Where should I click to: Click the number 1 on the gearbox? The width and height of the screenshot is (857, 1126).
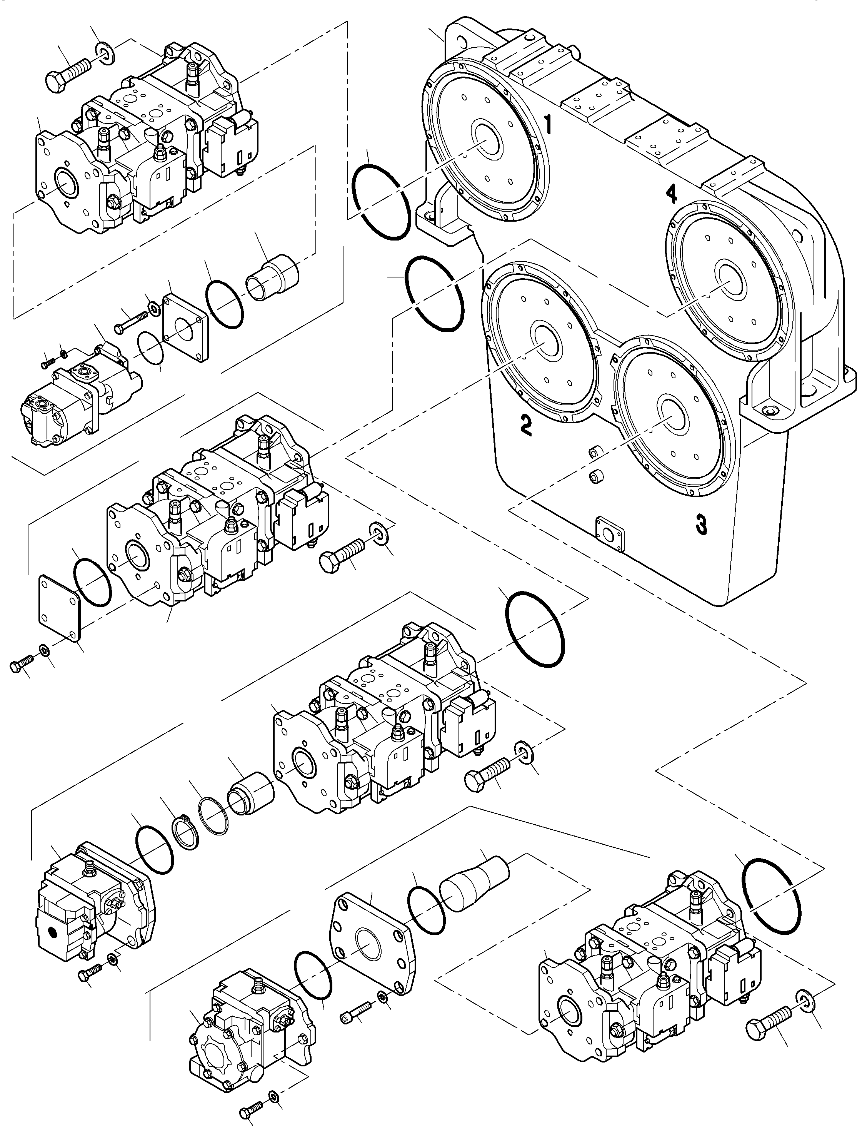549,125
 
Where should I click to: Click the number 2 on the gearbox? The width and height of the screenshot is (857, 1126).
526,425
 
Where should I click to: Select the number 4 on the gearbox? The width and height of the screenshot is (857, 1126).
671,194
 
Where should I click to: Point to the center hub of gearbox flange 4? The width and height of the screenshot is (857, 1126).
732,277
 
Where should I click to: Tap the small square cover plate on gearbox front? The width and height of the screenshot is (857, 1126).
610,533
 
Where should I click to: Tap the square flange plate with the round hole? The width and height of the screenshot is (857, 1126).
185,327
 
